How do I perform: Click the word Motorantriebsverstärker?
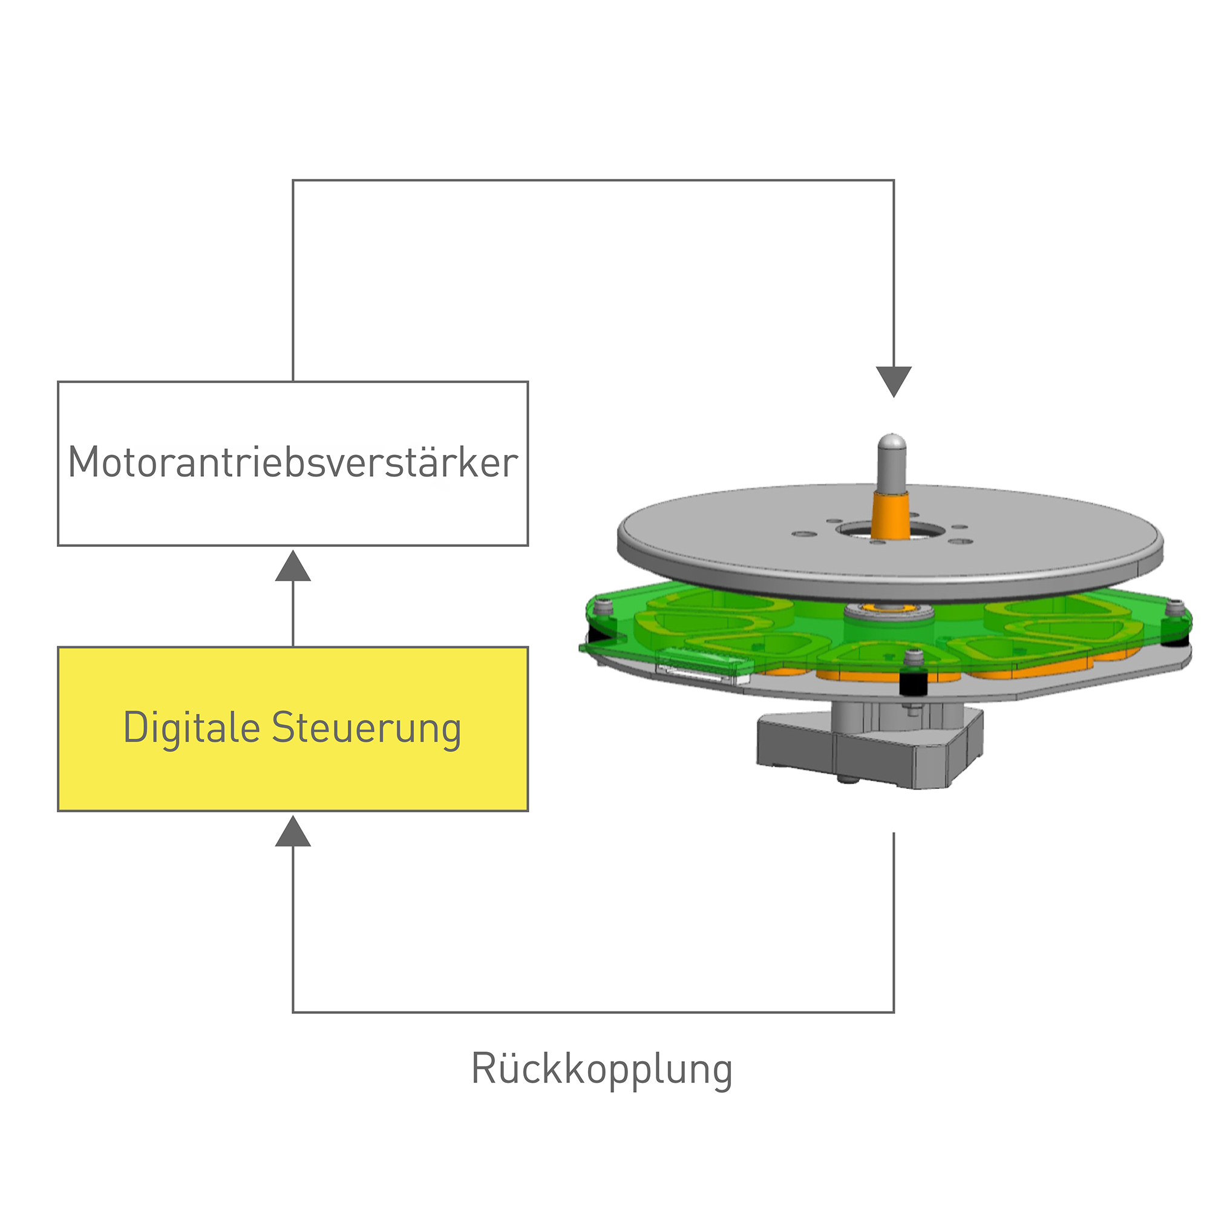coord(292,463)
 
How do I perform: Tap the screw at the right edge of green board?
coord(1176,607)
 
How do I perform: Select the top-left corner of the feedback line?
coord(293,180)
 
